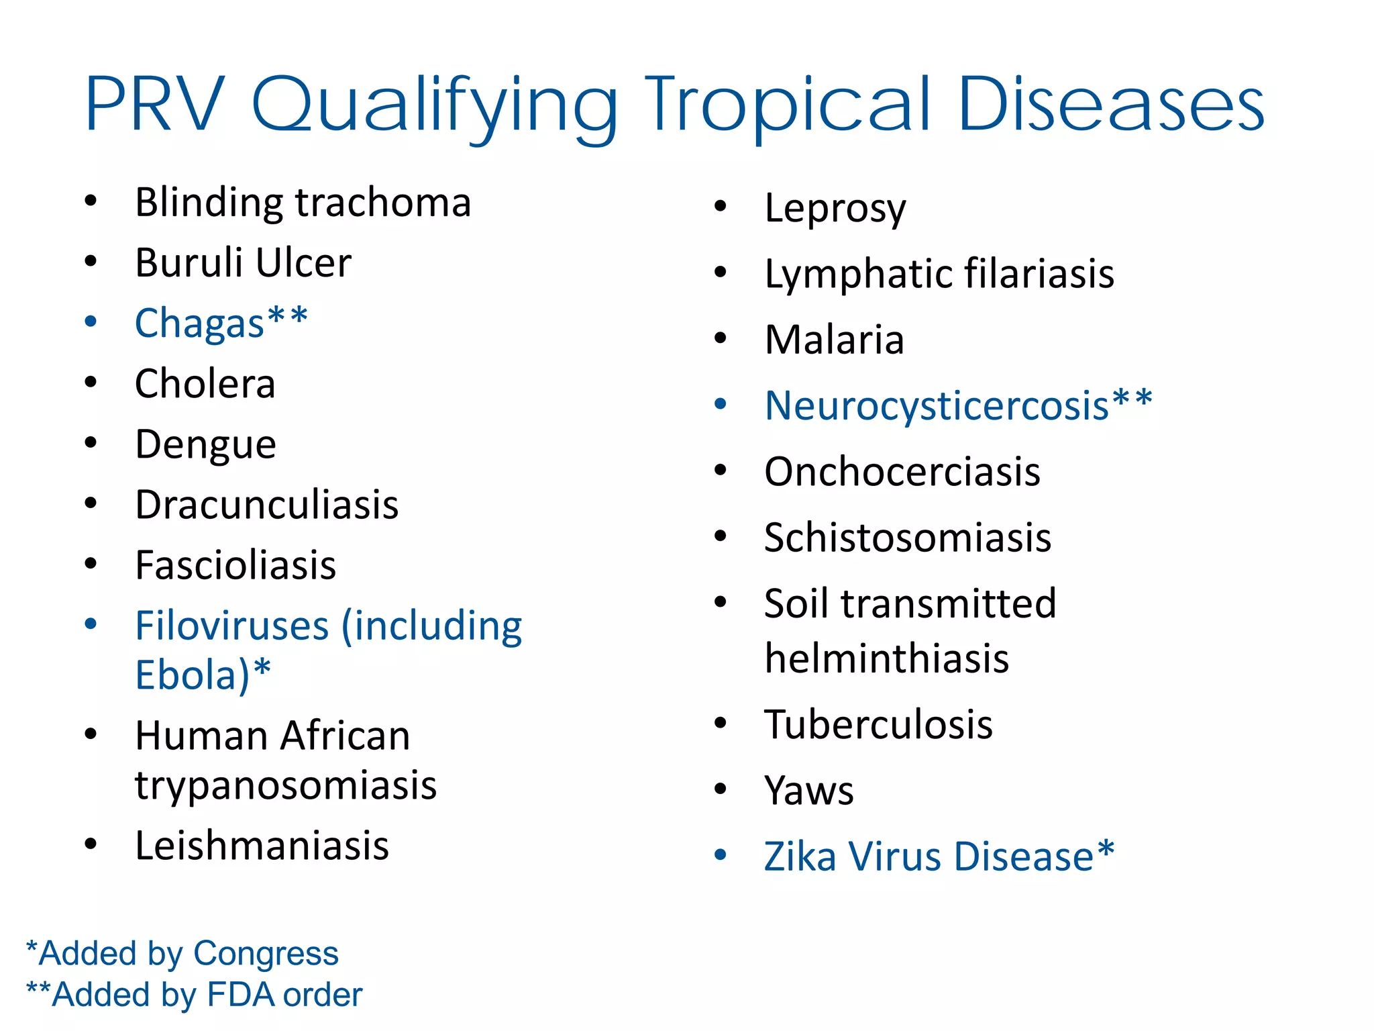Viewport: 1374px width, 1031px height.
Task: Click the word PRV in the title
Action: pos(156,105)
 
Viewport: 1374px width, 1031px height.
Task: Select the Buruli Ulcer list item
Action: pos(243,262)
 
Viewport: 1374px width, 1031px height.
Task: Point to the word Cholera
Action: pos(205,384)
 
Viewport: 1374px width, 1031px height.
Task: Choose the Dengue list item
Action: pos(206,445)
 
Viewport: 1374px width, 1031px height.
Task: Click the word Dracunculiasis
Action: pos(267,505)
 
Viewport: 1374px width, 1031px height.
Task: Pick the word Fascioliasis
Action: pos(235,565)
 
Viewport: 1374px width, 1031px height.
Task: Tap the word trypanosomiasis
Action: pos(286,785)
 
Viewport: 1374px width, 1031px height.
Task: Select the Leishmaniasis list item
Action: pos(262,846)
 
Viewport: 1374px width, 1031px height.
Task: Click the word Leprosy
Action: pos(835,209)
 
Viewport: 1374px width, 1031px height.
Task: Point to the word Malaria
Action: pos(835,340)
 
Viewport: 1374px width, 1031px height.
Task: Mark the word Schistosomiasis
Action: pos(908,538)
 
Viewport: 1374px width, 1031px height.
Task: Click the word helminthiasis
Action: pos(887,658)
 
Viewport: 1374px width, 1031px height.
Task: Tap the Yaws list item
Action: pos(809,791)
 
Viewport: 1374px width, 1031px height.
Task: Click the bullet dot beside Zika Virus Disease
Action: pos(721,855)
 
